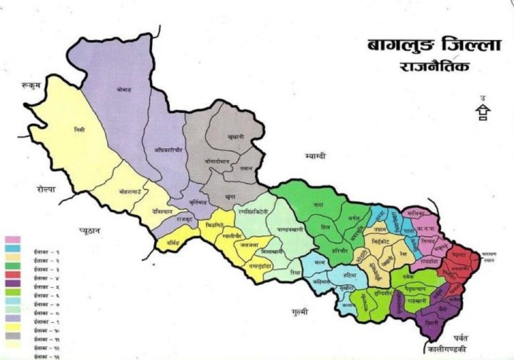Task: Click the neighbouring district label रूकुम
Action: pyautogui.click(x=31, y=85)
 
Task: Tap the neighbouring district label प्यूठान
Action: pyautogui.click(x=88, y=230)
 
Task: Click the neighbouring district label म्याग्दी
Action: pyautogui.click(x=314, y=156)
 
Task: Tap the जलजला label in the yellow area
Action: pyautogui.click(x=251, y=245)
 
